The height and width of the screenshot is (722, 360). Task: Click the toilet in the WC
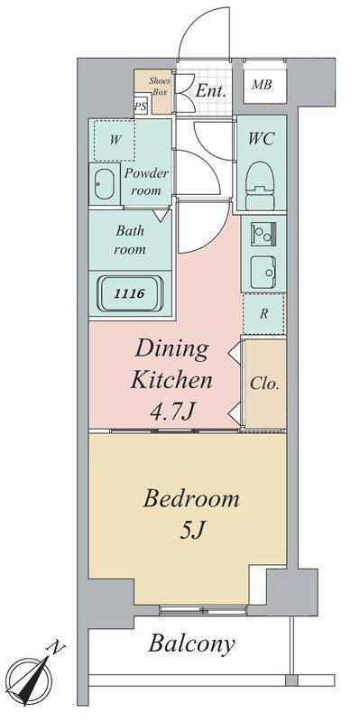[261, 186]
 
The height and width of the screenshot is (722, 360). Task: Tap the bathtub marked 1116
[131, 293]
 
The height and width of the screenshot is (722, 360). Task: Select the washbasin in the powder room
[104, 184]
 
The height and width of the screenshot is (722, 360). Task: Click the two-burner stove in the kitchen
[263, 235]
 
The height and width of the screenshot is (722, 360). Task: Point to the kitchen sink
[263, 273]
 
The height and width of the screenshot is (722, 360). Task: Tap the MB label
[262, 85]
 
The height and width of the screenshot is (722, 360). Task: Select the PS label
[141, 106]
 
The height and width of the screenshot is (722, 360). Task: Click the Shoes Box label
[160, 86]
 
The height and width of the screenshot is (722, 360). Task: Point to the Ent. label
[210, 91]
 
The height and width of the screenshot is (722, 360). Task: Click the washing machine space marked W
[115, 140]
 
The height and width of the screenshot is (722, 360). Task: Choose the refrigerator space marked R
[263, 314]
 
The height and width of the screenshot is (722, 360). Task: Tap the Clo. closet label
[264, 384]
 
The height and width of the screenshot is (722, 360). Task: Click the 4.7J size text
[171, 412]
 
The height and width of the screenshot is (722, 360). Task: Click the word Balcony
[191, 643]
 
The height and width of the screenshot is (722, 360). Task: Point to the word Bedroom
[191, 499]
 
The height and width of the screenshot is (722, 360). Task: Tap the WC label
[261, 138]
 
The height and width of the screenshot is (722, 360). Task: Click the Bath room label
[130, 240]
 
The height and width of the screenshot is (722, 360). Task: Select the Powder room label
[146, 182]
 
